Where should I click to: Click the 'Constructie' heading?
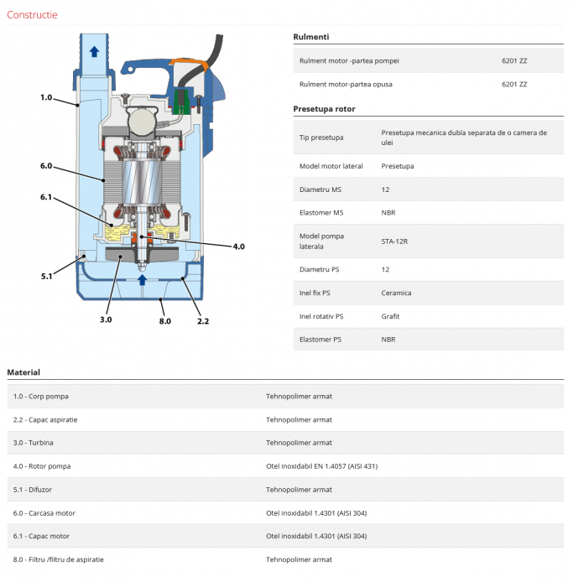pyautogui.click(x=32, y=14)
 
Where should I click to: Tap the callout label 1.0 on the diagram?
pyautogui.click(x=46, y=98)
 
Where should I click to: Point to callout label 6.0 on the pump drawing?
pyautogui.click(x=46, y=166)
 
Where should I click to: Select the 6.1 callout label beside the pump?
pyautogui.click(x=46, y=198)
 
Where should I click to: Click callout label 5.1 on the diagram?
pyautogui.click(x=46, y=276)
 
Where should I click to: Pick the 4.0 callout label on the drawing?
pyautogui.click(x=238, y=247)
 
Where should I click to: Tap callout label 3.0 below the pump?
pyautogui.click(x=106, y=319)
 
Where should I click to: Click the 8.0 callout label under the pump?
pyautogui.click(x=164, y=321)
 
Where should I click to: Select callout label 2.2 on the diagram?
pyautogui.click(x=203, y=320)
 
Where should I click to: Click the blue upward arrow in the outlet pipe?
pyautogui.click(x=95, y=51)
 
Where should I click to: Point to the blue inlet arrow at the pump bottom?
pyautogui.click(x=142, y=279)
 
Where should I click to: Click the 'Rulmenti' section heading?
pyautogui.click(x=310, y=37)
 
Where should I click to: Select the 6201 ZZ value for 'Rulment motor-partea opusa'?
pyautogui.click(x=513, y=84)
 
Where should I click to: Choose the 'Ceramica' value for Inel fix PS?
pyautogui.click(x=396, y=293)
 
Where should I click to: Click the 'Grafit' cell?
pyautogui.click(x=390, y=316)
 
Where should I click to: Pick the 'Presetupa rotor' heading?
pyautogui.click(x=324, y=109)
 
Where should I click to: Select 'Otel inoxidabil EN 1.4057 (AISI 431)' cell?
pyautogui.click(x=322, y=465)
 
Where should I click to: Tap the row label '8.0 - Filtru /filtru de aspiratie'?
pyautogui.click(x=59, y=558)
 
